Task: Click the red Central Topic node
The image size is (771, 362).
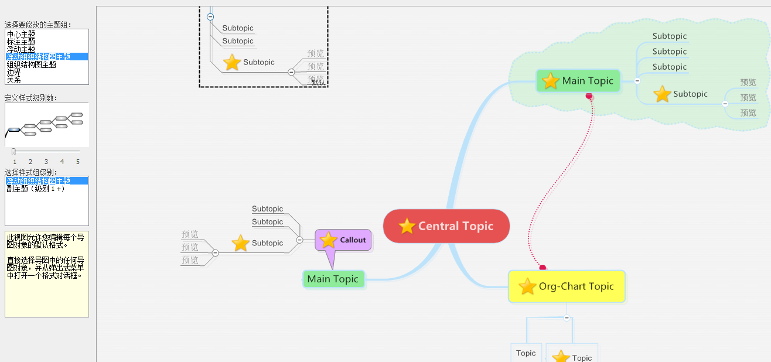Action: pos(446,226)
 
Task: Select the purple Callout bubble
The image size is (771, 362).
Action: pos(343,240)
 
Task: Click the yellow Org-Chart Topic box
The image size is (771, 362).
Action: pos(567,286)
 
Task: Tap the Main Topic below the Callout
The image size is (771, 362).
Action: pos(333,279)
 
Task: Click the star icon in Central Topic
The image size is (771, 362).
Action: pos(407,226)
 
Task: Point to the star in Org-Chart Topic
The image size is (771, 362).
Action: pos(527,286)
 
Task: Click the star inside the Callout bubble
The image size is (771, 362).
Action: pos(329,240)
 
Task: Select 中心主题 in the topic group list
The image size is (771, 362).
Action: pos(21,34)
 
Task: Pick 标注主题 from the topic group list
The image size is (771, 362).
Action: pos(21,42)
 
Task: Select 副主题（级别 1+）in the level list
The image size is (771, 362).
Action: pos(35,189)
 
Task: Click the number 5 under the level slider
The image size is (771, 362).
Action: pos(77,162)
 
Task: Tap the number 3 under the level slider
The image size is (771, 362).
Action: pos(46,162)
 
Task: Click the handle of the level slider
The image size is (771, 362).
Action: pos(13,151)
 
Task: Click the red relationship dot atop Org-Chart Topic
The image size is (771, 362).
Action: pos(543,268)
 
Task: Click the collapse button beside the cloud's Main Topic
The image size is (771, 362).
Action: pos(637,81)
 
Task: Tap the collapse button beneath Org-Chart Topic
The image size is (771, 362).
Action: pos(567,318)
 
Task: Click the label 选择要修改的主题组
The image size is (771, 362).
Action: pos(39,25)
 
